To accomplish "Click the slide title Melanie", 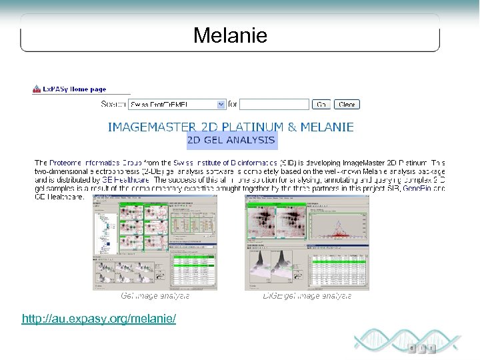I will point(230,35).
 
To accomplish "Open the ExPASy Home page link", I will point(74,89).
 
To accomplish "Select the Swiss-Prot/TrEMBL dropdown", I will point(177,105).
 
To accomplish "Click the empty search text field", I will point(273,105).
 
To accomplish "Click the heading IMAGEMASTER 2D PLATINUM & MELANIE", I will point(231,126).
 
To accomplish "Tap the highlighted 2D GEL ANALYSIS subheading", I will point(231,141).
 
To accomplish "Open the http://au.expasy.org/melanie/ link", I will point(99,319).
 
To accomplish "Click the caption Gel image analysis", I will point(155,295).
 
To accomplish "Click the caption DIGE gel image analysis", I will point(307,295).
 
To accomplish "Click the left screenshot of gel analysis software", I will point(155,243).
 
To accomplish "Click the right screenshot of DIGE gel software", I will point(307,243).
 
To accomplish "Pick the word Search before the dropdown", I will point(113,105).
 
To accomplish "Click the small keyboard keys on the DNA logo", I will point(421,348).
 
